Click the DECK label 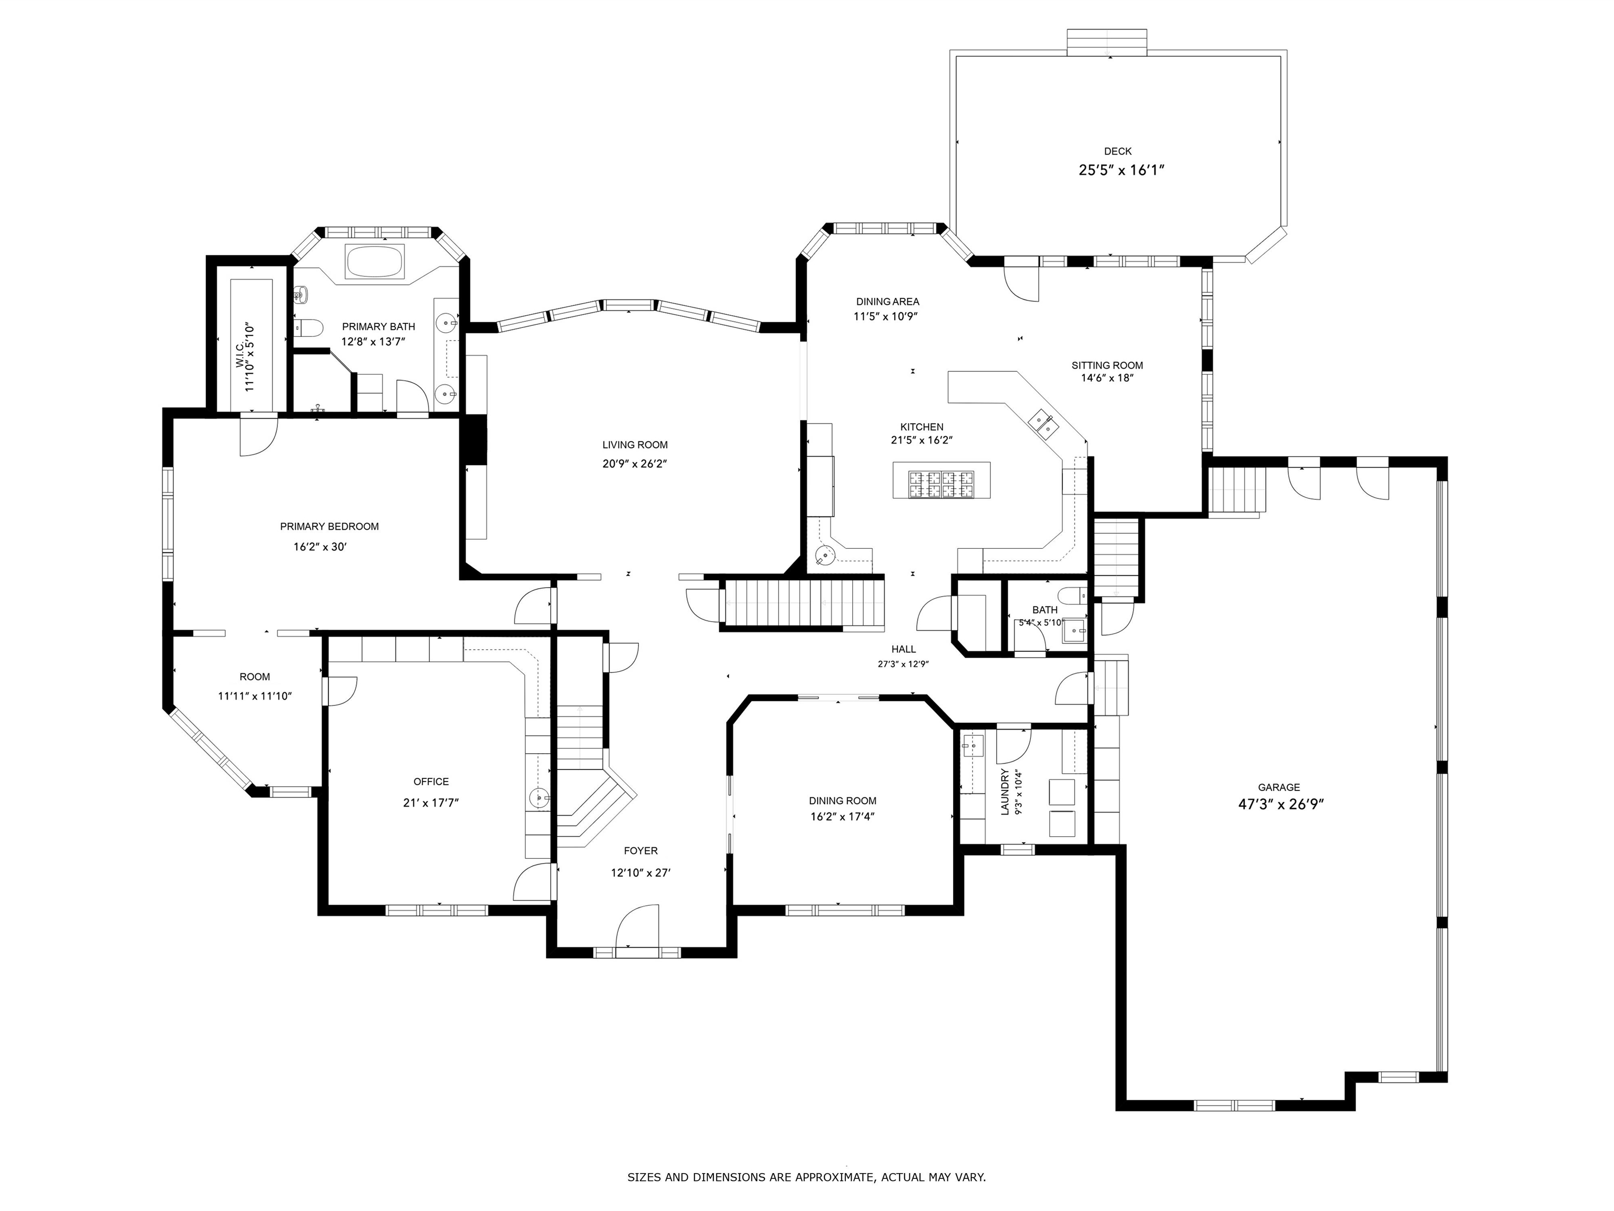tap(1117, 151)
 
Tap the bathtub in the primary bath tap(374, 261)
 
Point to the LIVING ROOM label tap(635, 445)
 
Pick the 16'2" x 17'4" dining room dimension tap(842, 816)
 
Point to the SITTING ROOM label tap(1107, 365)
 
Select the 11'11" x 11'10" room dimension tap(255, 696)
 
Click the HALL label tap(903, 649)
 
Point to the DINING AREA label tap(887, 302)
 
